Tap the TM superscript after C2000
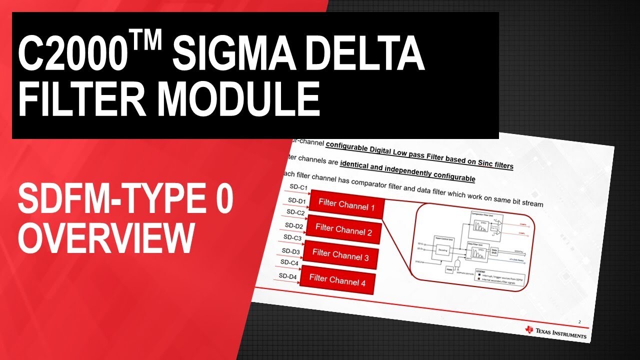click(x=144, y=42)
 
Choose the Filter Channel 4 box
click(x=337, y=280)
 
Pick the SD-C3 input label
click(x=292, y=237)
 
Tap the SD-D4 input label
click(x=287, y=276)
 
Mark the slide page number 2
click(x=579, y=322)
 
